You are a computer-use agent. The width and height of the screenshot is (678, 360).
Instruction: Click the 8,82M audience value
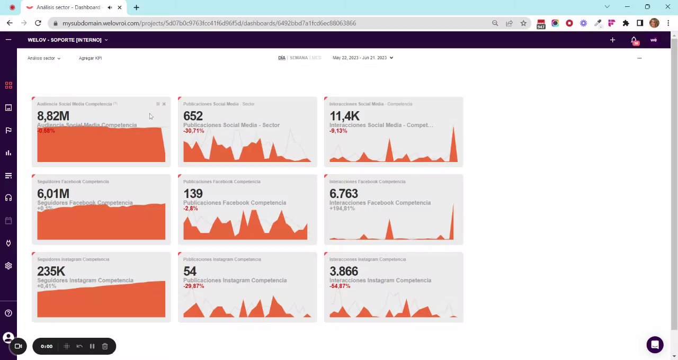tap(53, 116)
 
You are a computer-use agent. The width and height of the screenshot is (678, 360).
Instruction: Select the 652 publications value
tap(193, 116)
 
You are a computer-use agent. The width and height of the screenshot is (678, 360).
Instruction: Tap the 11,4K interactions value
tap(344, 116)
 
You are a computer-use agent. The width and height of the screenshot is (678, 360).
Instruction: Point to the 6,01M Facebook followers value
tap(53, 194)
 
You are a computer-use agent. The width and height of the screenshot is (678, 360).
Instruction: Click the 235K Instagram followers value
tap(51, 271)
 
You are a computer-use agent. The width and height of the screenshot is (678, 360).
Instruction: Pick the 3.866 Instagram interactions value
tap(344, 271)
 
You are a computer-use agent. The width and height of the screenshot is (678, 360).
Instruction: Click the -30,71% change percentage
tap(194, 131)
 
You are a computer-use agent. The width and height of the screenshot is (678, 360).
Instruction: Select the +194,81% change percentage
tap(342, 209)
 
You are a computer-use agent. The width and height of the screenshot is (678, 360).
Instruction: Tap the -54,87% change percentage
tap(340, 286)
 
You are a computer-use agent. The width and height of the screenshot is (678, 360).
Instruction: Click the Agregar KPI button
tap(90, 58)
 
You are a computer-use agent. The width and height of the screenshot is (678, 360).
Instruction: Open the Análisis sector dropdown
tap(44, 58)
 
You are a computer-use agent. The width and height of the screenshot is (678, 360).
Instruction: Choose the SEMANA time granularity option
tap(299, 58)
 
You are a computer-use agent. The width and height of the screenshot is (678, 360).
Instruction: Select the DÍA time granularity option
tap(282, 58)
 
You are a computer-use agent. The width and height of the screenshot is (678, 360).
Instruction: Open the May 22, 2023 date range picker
tap(362, 58)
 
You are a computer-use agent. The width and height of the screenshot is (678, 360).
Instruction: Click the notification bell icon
tap(634, 40)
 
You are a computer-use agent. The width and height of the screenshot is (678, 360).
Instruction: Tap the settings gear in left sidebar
tap(8, 266)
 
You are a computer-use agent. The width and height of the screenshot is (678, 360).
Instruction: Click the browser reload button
tap(38, 23)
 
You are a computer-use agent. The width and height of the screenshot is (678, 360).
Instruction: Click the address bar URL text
tap(209, 23)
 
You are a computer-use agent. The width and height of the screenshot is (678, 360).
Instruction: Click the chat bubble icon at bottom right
tap(655, 345)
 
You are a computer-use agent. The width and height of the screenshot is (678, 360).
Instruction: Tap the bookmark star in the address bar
tap(523, 23)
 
